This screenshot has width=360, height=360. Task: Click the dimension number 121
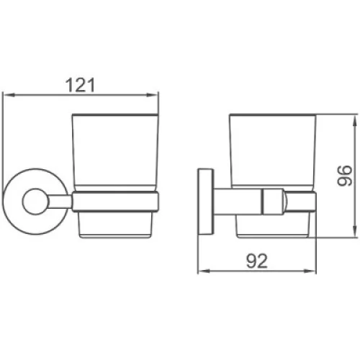[x=81, y=85]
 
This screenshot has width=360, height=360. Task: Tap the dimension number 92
[x=256, y=261]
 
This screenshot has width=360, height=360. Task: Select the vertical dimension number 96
[x=345, y=176]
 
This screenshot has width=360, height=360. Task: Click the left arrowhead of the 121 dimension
[x=9, y=95]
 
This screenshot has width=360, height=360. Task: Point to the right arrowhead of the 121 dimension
[x=152, y=95]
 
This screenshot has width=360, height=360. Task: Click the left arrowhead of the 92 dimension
[x=204, y=271]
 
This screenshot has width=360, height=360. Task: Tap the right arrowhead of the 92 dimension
[x=310, y=271]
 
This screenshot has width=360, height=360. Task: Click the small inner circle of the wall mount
[x=35, y=202]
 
